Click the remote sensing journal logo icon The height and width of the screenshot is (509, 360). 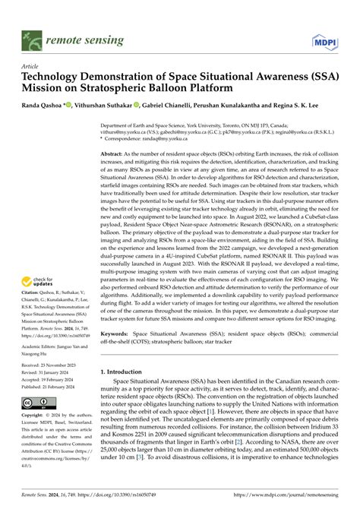33,34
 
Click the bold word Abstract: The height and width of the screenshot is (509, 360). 115,153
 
